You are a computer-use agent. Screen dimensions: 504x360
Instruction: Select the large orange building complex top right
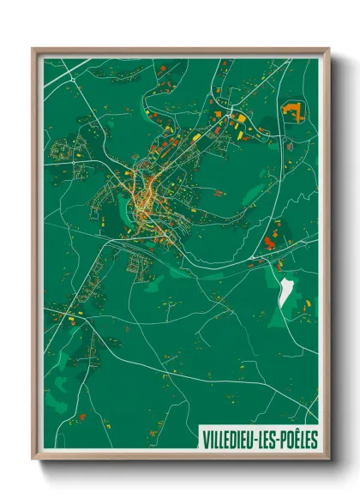[x=294, y=110]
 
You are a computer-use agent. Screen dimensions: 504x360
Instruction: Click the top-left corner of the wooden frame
[x=33, y=49]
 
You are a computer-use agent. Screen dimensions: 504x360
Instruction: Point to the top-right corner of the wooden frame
[x=328, y=49]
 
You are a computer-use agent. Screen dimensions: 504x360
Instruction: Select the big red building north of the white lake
[x=269, y=243]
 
